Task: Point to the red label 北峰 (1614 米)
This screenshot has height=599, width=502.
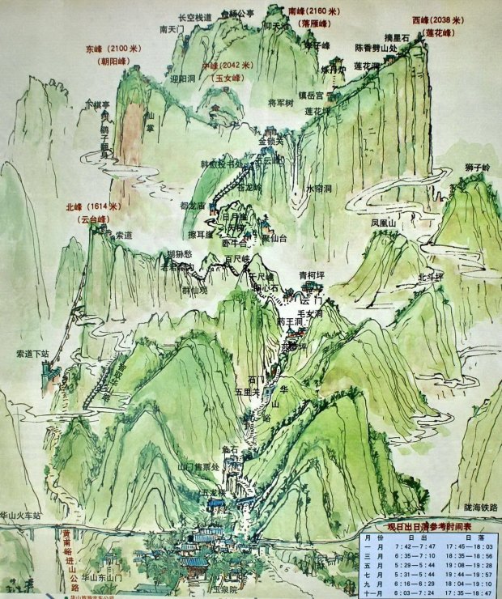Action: click(x=93, y=207)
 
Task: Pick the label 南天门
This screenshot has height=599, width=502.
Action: click(x=173, y=29)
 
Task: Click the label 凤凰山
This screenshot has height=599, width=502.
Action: click(x=384, y=223)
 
